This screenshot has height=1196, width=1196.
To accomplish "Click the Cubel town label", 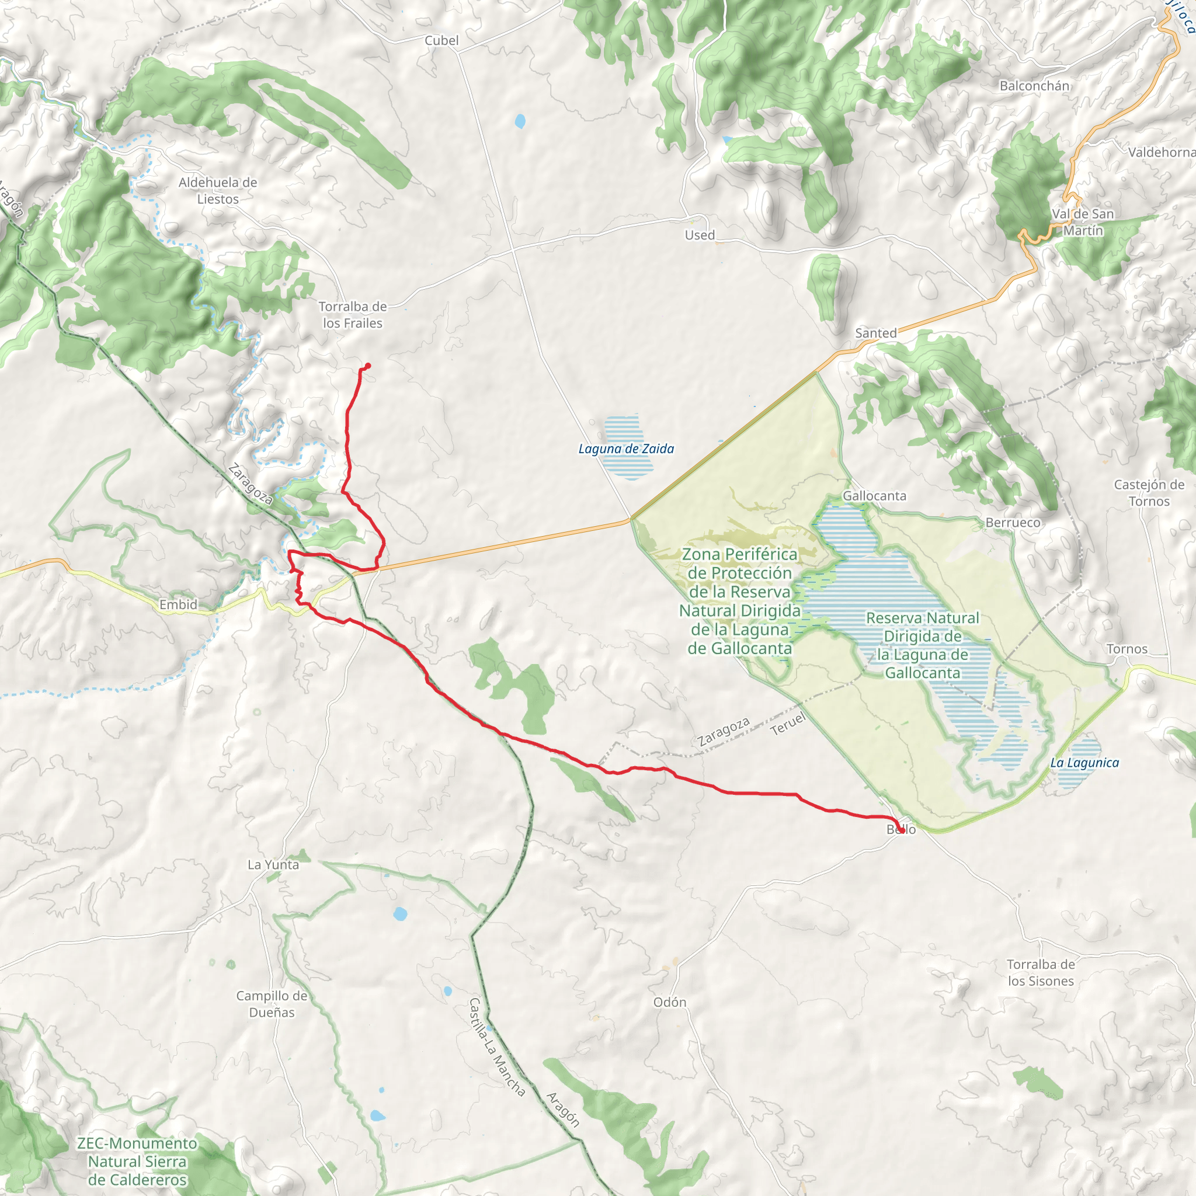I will click(x=441, y=41).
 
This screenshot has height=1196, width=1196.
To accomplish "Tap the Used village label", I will click(x=700, y=235).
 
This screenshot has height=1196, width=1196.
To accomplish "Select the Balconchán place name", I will click(x=1034, y=86).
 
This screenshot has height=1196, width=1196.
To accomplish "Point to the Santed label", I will click(x=875, y=333).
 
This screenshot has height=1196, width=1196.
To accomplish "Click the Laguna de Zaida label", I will click(x=626, y=449).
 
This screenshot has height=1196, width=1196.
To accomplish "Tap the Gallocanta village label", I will click(x=874, y=496).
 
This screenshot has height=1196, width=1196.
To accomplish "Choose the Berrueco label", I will click(x=1013, y=523).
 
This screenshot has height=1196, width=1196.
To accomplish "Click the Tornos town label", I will click(x=1127, y=649).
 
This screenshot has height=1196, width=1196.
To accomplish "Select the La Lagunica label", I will click(x=1084, y=763).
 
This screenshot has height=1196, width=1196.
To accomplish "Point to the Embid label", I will click(x=178, y=605).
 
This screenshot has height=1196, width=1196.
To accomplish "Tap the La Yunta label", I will click(x=273, y=865).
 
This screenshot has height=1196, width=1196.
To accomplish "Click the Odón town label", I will click(x=670, y=1002).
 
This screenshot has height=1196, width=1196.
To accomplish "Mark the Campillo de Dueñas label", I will click(x=272, y=1004).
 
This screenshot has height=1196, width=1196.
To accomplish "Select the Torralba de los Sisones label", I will click(x=1041, y=972).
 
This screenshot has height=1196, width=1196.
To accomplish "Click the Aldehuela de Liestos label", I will click(x=217, y=190).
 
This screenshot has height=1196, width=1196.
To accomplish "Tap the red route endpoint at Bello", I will click(x=901, y=830).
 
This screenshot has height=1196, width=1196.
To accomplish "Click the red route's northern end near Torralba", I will click(x=368, y=365).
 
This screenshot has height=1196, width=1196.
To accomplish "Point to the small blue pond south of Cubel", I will click(x=520, y=121).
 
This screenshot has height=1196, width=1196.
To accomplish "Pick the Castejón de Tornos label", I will click(x=1149, y=493).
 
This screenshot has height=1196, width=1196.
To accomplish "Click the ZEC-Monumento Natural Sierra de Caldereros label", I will click(x=137, y=1162).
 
